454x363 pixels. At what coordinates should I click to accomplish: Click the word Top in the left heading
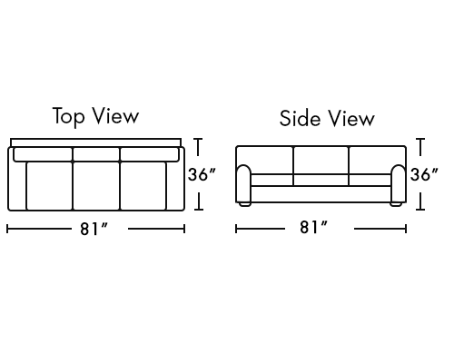click(x=68, y=116)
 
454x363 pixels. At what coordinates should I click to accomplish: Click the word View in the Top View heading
click(x=115, y=115)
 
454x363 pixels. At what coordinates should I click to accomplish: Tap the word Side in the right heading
click(x=300, y=118)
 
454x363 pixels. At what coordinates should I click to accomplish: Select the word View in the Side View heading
click(x=351, y=118)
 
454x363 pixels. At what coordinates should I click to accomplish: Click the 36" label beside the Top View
click(x=202, y=174)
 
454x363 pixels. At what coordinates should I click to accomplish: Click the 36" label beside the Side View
click(x=424, y=174)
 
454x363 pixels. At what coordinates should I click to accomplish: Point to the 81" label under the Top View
click(x=94, y=229)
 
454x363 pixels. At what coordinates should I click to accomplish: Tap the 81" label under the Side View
click(x=313, y=227)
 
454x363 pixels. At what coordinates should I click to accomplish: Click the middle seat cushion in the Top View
click(x=96, y=185)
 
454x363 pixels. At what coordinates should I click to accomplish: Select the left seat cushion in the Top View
click(x=50, y=185)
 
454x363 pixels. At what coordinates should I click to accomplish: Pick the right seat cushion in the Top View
click(x=143, y=185)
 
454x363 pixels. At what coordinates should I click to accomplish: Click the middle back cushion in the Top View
click(x=96, y=154)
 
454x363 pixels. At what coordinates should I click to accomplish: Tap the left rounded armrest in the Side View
click(x=243, y=183)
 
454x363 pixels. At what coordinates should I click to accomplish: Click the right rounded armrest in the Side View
click(x=399, y=183)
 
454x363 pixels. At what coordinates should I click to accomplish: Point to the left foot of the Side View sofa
click(x=244, y=204)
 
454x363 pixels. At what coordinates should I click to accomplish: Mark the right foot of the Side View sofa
click(x=396, y=204)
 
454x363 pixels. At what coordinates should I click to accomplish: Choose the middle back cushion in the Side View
click(x=321, y=161)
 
